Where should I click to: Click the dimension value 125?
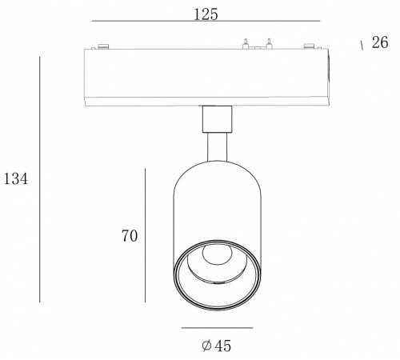[x=206, y=14]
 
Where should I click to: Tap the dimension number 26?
[x=380, y=42]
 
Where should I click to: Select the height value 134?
[x=16, y=178]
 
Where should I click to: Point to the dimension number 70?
[x=130, y=236]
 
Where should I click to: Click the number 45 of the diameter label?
[x=223, y=346]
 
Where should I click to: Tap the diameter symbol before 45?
[x=206, y=346]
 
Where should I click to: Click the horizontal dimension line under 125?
[x=206, y=21]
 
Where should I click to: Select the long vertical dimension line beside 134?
[x=40, y=179]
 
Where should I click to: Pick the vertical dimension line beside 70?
[x=145, y=235]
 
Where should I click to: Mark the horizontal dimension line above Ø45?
[x=218, y=328]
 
